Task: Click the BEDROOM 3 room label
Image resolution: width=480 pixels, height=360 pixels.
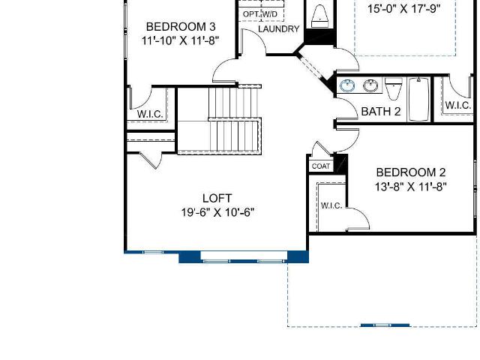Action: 181,27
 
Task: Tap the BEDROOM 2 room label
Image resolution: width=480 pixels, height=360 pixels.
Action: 411,172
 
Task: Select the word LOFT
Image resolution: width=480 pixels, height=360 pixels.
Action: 217,198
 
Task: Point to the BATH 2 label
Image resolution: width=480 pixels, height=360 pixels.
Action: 381,112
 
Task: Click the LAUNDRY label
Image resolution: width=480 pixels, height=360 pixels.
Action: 279,28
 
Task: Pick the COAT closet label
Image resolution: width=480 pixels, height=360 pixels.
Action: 321,166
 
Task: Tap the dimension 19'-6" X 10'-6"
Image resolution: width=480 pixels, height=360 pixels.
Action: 217,212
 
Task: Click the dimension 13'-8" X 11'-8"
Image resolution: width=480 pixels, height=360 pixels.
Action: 411,187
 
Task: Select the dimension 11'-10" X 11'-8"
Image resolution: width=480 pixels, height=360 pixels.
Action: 181,40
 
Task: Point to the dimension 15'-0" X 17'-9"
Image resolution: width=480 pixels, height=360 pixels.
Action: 404,9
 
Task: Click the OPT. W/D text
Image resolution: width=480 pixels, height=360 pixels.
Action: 260,14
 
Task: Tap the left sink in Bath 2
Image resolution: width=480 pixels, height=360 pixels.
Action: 347,85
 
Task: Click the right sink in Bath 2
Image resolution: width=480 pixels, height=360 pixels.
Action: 370,85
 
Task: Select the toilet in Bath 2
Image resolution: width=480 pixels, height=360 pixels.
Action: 394,88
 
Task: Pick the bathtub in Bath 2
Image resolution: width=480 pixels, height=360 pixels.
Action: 418,99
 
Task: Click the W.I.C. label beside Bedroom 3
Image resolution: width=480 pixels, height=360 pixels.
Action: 150,114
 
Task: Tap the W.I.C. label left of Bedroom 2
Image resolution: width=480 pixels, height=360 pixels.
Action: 331,205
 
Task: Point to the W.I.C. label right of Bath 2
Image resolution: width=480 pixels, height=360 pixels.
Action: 458,105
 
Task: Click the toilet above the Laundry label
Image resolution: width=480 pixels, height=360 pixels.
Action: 320,16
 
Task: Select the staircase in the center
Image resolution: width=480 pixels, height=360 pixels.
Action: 220,120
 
